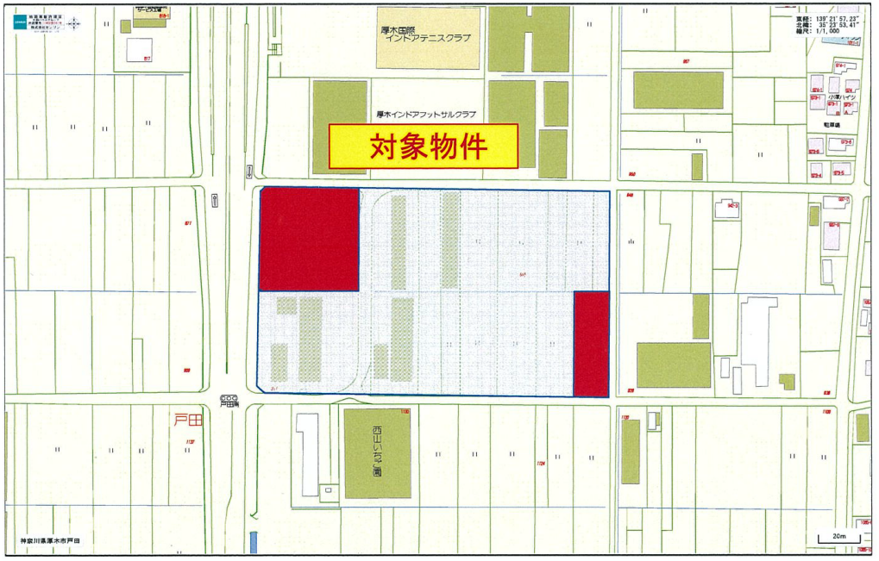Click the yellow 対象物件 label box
(x=424, y=146)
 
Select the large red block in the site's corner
(x=309, y=239)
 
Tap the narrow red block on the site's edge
(x=592, y=344)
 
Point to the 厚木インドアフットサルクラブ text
(x=426, y=114)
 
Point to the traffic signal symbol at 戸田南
(x=229, y=398)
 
